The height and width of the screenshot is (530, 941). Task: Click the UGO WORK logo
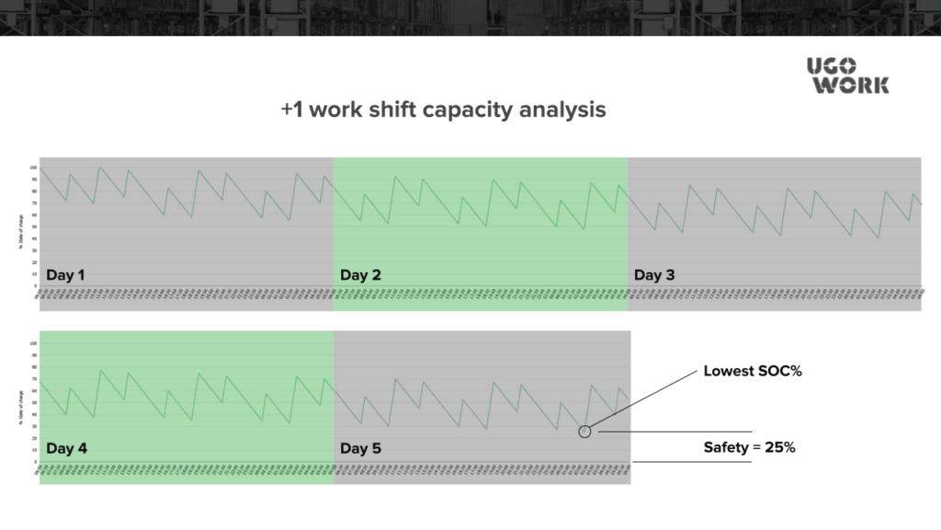[x=847, y=75]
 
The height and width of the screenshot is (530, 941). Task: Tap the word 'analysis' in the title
[x=562, y=109]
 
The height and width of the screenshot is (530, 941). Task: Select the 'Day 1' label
[x=65, y=274]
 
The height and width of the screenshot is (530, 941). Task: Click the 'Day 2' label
[x=360, y=274]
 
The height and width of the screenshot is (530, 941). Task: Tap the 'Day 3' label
[x=654, y=274]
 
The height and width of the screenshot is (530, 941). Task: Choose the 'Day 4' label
[x=66, y=449]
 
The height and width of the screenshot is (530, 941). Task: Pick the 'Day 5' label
[x=360, y=449]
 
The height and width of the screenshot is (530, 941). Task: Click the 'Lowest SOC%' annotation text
[x=746, y=372]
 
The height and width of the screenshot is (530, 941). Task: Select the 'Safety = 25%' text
[x=749, y=448]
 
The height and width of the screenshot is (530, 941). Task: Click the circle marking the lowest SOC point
[x=584, y=431]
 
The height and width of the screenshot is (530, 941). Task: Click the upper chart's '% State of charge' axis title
[x=21, y=227]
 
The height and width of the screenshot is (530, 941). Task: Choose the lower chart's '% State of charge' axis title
[x=21, y=402]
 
